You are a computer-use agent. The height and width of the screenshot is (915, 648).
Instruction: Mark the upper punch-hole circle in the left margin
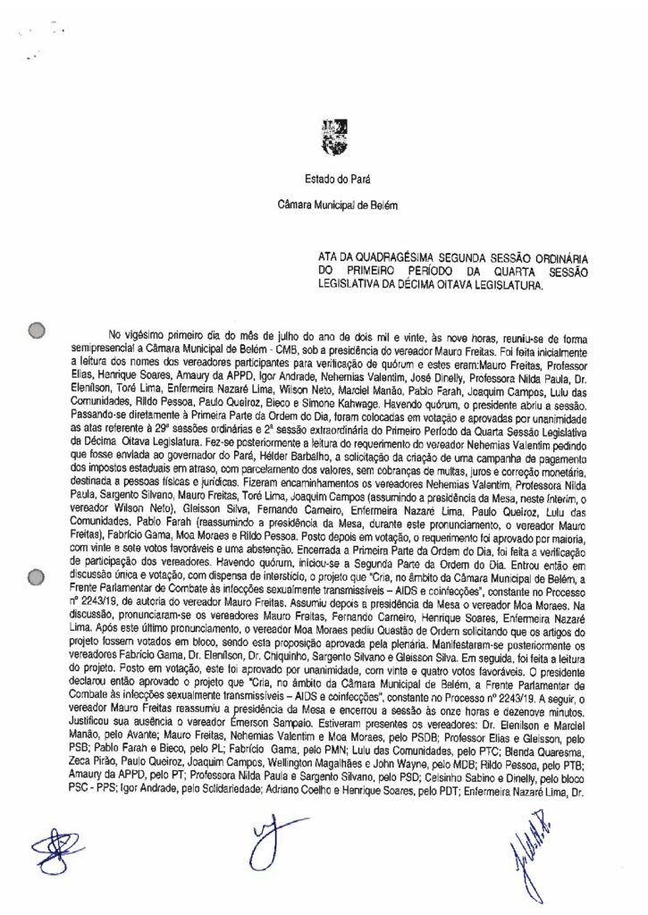37,332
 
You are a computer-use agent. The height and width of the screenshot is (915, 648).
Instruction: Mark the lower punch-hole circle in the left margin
37,576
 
